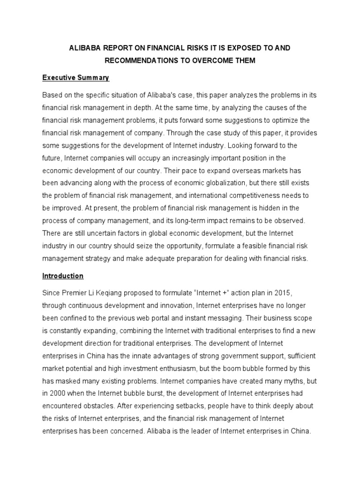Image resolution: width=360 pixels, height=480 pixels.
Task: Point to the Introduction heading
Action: pyautogui.click(x=63, y=276)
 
